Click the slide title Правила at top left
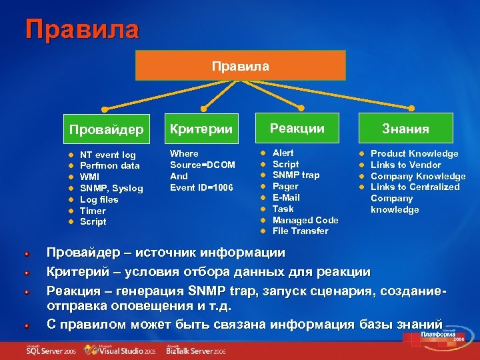tap(82, 29)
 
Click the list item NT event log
tap(107, 155)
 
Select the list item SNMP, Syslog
tap(111, 188)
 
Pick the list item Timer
tap(93, 211)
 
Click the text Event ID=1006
tap(201, 187)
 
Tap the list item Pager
tap(285, 187)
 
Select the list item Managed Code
tap(305, 220)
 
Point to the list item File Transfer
tap(300, 231)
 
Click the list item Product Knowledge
tap(414, 154)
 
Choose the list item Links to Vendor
tap(405, 165)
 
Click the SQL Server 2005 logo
tap(50, 349)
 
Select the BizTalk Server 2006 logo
tap(196, 349)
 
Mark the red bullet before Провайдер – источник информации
tap(25, 253)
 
